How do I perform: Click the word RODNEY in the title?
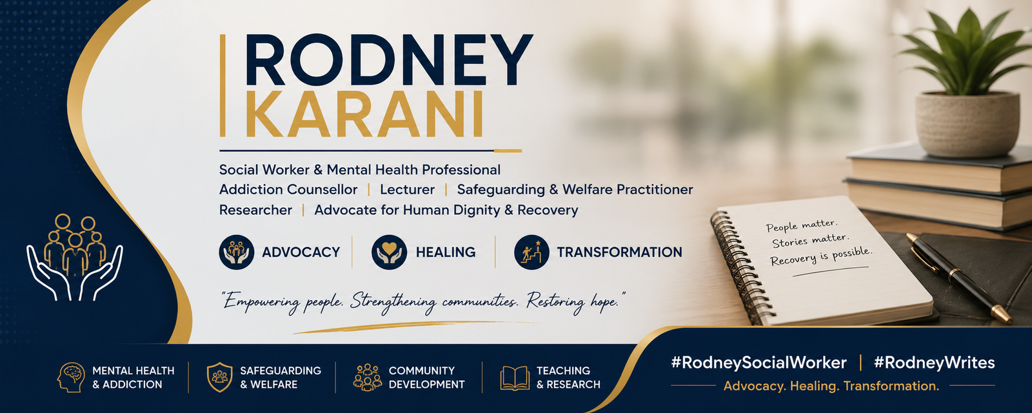pyautogui.click(x=390, y=60)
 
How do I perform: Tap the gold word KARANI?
pyautogui.click(x=365, y=114)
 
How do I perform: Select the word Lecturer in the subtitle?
pyautogui.click(x=407, y=190)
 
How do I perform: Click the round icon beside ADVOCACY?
pyautogui.click(x=236, y=252)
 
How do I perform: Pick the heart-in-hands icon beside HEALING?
pyautogui.click(x=390, y=252)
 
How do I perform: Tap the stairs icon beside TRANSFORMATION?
pyautogui.click(x=531, y=252)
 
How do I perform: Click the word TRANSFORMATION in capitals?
pyautogui.click(x=620, y=252)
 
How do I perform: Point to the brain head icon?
pyautogui.click(x=71, y=377)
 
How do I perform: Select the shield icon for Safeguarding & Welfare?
pyautogui.click(x=219, y=377)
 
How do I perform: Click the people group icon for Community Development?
pyautogui.click(x=368, y=377)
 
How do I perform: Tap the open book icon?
pyautogui.click(x=515, y=378)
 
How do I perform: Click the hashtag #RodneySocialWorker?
pyautogui.click(x=759, y=363)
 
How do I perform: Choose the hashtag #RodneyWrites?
pyautogui.click(x=935, y=363)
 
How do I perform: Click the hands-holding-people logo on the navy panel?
pyautogui.click(x=75, y=257)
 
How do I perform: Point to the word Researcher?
pyautogui.click(x=255, y=210)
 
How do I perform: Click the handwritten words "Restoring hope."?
pyautogui.click(x=576, y=301)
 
